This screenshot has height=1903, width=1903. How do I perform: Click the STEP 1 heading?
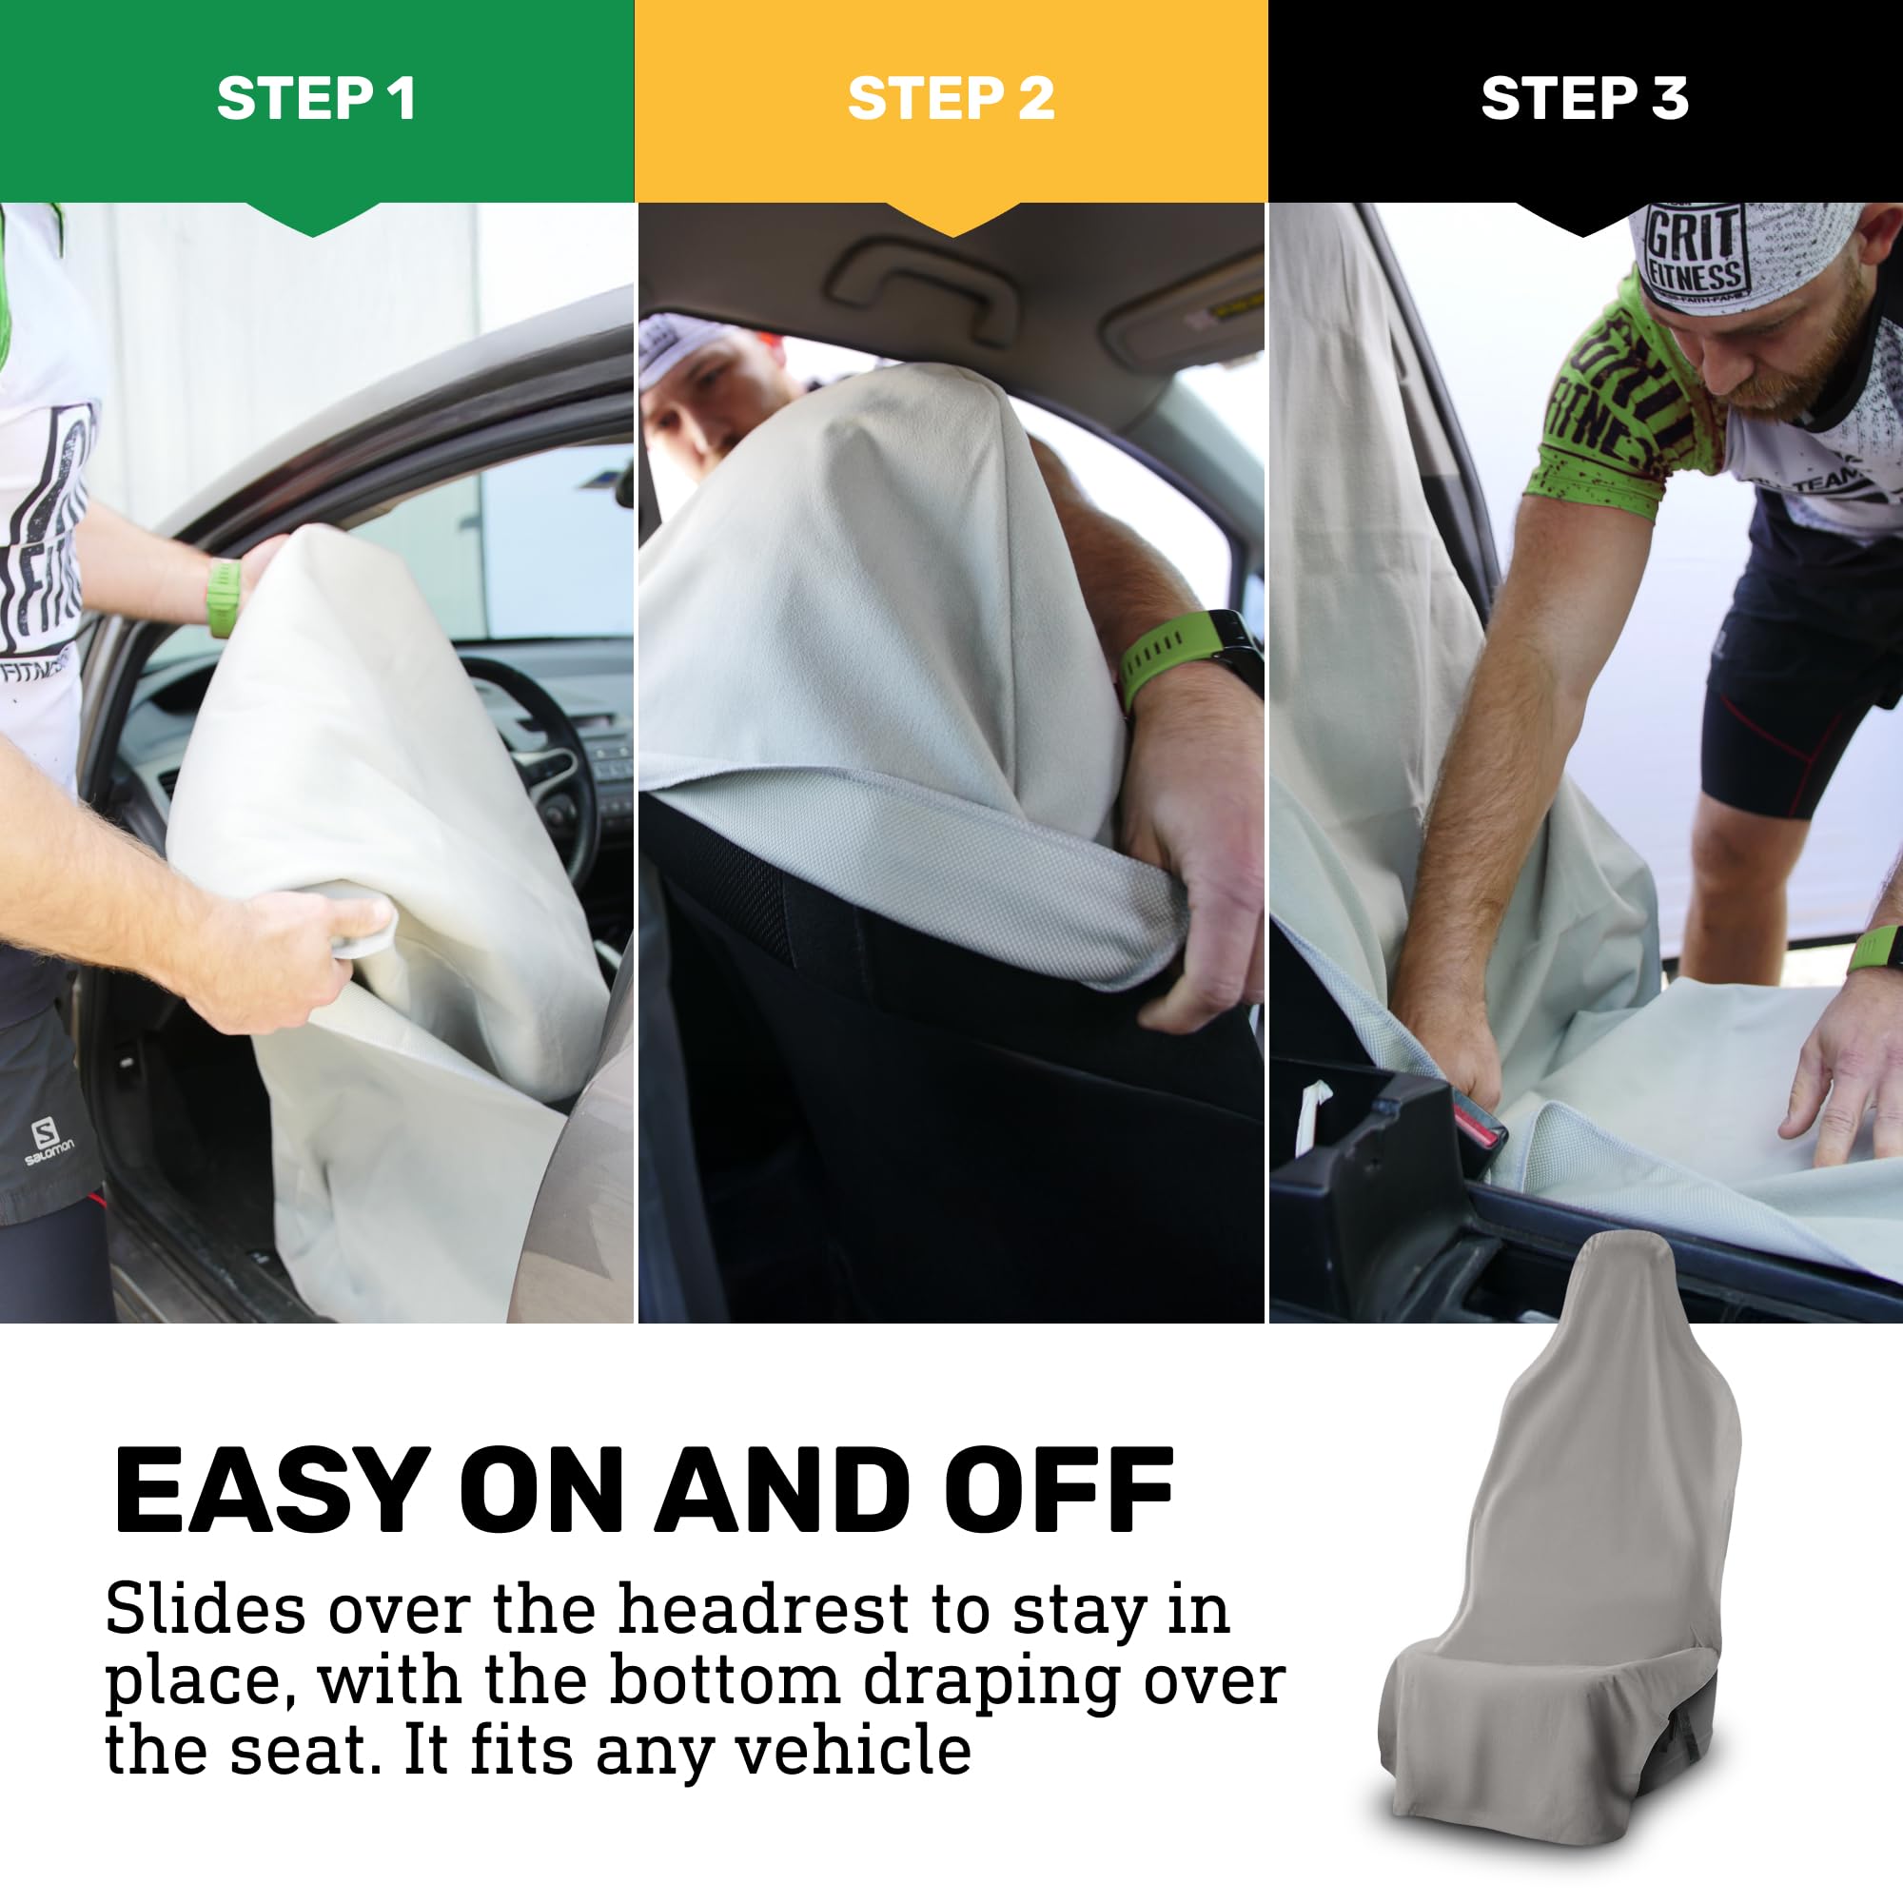point(316,99)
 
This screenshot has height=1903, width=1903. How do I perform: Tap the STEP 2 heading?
point(951,99)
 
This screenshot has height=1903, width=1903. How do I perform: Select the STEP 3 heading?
point(1585,99)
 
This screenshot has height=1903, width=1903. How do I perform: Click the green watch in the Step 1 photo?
point(224,597)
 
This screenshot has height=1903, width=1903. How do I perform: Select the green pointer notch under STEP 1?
point(313,220)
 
